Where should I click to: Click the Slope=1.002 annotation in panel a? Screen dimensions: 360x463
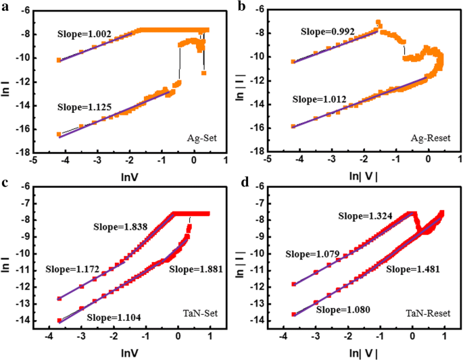coord(84,32)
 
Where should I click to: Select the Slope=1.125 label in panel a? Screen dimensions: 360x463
coord(85,106)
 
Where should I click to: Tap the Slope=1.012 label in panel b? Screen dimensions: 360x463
coord(319,99)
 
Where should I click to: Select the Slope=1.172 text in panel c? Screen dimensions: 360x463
coord(72,269)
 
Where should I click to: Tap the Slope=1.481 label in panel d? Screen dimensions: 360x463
coord(413,268)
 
